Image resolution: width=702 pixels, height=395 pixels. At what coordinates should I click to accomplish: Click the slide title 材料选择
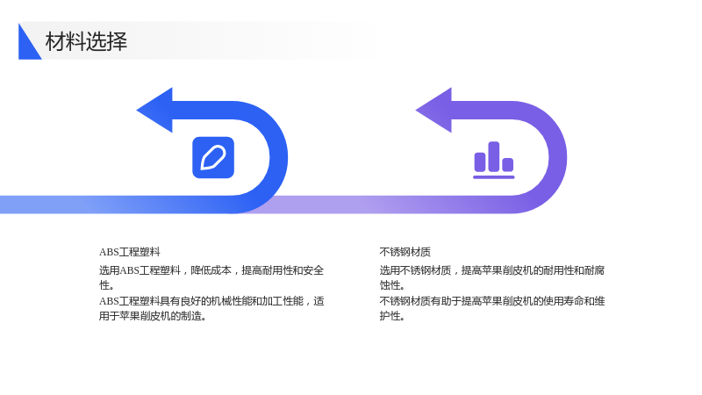point(86,41)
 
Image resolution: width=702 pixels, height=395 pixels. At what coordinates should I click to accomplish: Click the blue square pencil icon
point(213,158)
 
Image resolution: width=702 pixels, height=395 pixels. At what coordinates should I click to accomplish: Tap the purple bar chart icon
point(494,160)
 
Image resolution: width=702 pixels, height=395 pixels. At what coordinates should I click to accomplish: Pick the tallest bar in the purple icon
point(494,156)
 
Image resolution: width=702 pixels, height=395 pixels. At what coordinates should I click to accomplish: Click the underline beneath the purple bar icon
point(494,177)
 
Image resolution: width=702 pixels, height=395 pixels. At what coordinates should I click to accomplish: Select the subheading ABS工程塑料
point(129,252)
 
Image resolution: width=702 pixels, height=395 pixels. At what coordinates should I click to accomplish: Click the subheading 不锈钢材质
point(405,252)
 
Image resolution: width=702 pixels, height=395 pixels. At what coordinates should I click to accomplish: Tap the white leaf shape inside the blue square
point(213,158)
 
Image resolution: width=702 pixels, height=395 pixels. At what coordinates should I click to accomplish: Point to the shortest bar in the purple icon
point(508,165)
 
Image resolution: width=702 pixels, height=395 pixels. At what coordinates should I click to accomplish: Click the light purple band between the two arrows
point(358,205)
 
